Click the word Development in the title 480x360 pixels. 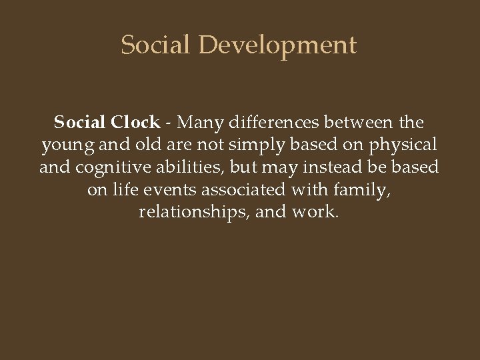277,45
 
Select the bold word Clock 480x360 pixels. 135,123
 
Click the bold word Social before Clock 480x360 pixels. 80,123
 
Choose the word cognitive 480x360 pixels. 108,167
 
